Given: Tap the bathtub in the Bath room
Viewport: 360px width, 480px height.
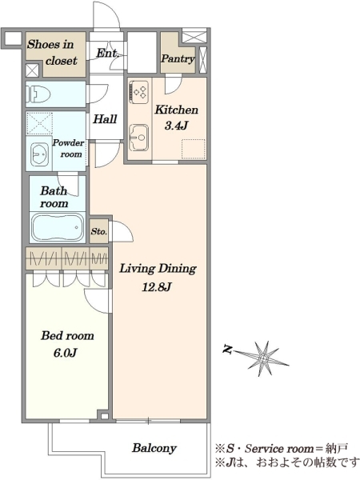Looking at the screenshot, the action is tap(58, 227).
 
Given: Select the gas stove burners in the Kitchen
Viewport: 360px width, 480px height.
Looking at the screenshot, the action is tap(140, 91).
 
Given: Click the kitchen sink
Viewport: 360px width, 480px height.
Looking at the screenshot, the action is tap(139, 138).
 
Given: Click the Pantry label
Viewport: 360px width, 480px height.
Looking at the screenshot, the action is tap(178, 58).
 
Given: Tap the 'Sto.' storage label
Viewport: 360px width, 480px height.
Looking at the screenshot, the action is tap(99, 231).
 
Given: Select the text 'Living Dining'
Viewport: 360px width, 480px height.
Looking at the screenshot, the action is tap(158, 269).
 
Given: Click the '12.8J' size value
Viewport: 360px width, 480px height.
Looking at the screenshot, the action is tap(157, 287).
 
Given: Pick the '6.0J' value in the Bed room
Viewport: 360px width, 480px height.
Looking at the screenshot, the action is tap(65, 353).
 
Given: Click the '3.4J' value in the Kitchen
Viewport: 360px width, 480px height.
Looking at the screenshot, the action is tap(176, 126).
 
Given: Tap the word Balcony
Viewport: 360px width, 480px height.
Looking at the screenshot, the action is tap(154, 449).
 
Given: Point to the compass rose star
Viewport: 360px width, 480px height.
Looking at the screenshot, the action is tap(264, 358).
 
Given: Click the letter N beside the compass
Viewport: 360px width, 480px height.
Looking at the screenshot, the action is tap(227, 349).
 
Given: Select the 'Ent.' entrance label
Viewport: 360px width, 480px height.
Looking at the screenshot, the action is tap(107, 54).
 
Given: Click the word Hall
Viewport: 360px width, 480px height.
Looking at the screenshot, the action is tap(105, 118).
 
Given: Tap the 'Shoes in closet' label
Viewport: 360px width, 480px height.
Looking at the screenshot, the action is tap(52, 52).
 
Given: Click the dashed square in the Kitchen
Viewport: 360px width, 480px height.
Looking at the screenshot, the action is tap(194, 149).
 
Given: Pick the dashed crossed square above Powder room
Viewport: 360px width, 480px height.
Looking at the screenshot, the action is tap(39, 123).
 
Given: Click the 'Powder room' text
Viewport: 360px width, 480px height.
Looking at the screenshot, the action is tap(69, 149).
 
